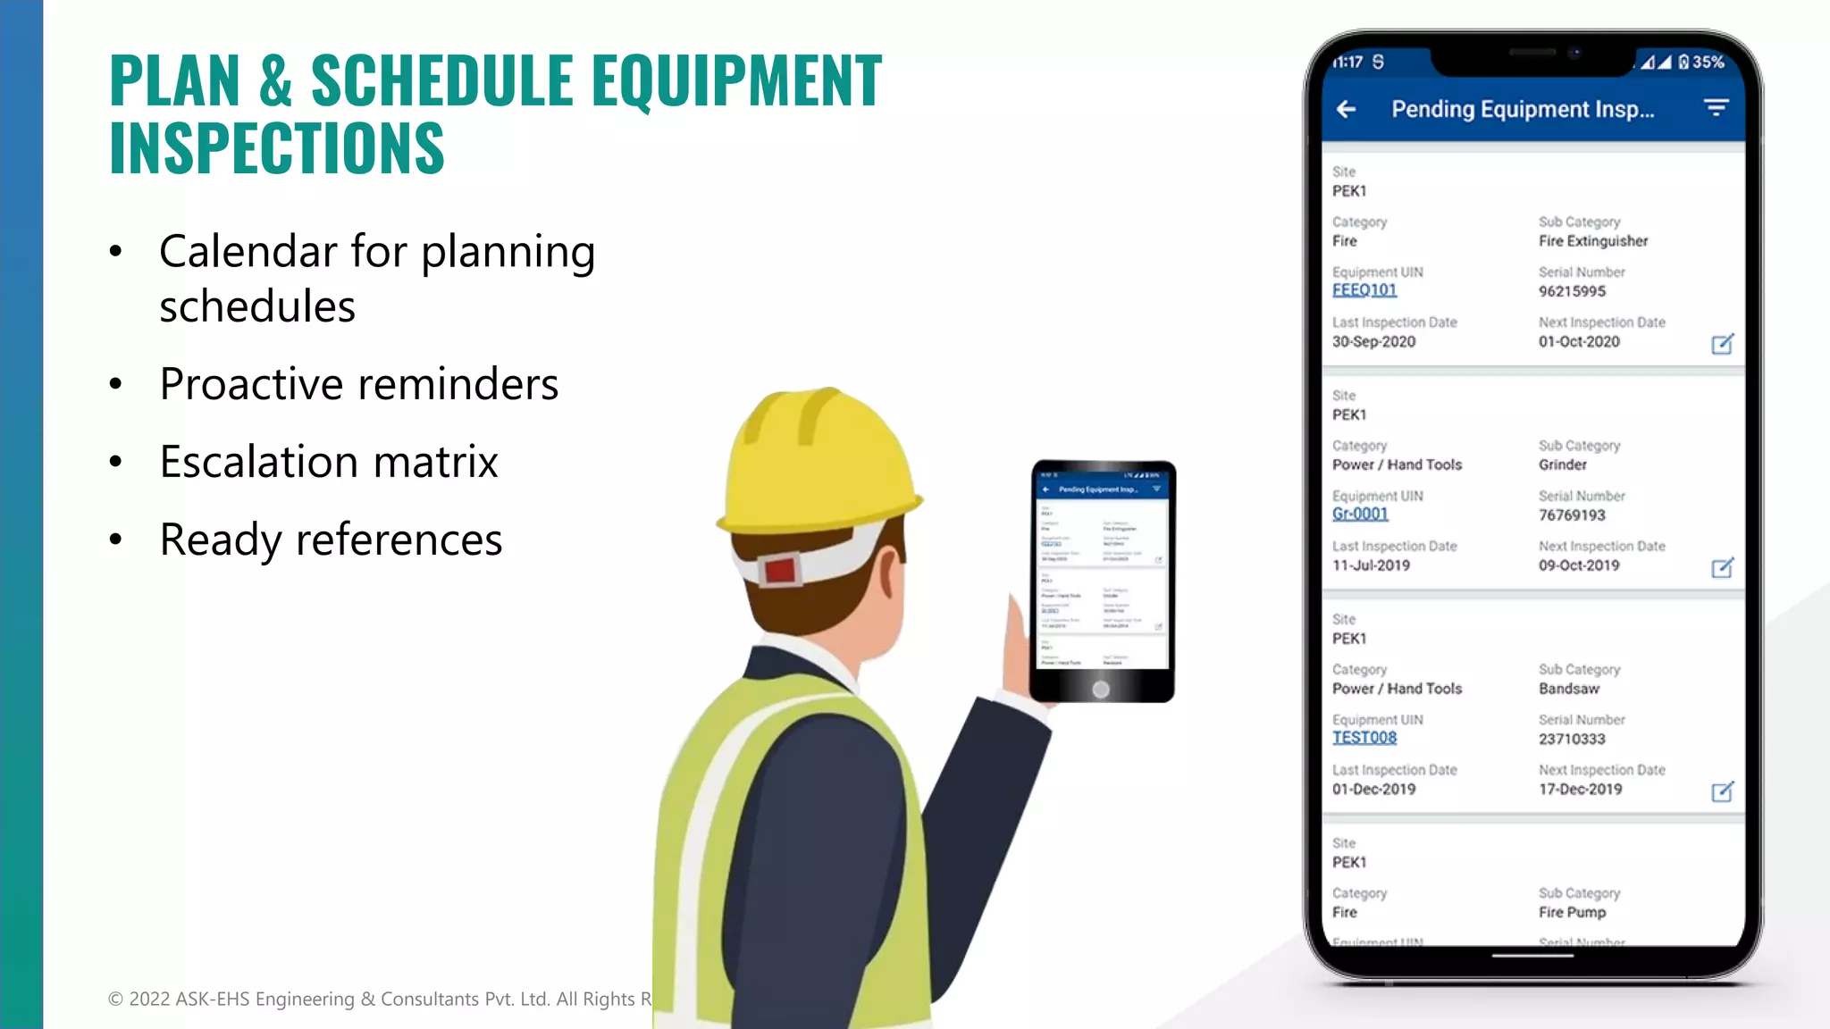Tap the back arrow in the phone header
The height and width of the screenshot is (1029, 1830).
pyautogui.click(x=1347, y=109)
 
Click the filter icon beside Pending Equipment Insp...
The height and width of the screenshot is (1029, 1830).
pyautogui.click(x=1716, y=108)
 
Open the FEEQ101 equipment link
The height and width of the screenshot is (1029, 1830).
pyautogui.click(x=1364, y=290)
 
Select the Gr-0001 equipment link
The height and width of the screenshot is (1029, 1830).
pyautogui.click(x=1360, y=514)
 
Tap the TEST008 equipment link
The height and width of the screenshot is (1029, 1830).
pyautogui.click(x=1364, y=738)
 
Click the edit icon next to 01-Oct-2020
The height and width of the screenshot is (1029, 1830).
pyautogui.click(x=1722, y=344)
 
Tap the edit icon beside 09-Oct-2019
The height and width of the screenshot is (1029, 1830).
pyautogui.click(x=1722, y=568)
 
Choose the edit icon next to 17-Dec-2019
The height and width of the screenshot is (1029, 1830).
pyautogui.click(x=1722, y=791)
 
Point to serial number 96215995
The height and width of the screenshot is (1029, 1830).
pyautogui.click(x=1572, y=291)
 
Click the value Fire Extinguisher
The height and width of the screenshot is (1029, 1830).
pyautogui.click(x=1593, y=241)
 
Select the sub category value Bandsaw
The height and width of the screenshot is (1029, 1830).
pyautogui.click(x=1569, y=689)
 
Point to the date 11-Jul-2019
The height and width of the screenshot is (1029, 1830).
pyautogui.click(x=1371, y=565)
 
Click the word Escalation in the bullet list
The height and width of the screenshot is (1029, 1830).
pyautogui.click(x=258, y=463)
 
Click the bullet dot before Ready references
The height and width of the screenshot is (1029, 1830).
pyautogui.click(x=115, y=540)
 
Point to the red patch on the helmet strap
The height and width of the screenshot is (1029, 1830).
pyautogui.click(x=779, y=571)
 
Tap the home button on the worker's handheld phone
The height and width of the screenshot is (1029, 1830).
pyautogui.click(x=1101, y=690)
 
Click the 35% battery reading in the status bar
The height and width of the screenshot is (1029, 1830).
pyautogui.click(x=1708, y=62)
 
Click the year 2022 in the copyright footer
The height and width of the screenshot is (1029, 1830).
pyautogui.click(x=149, y=999)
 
